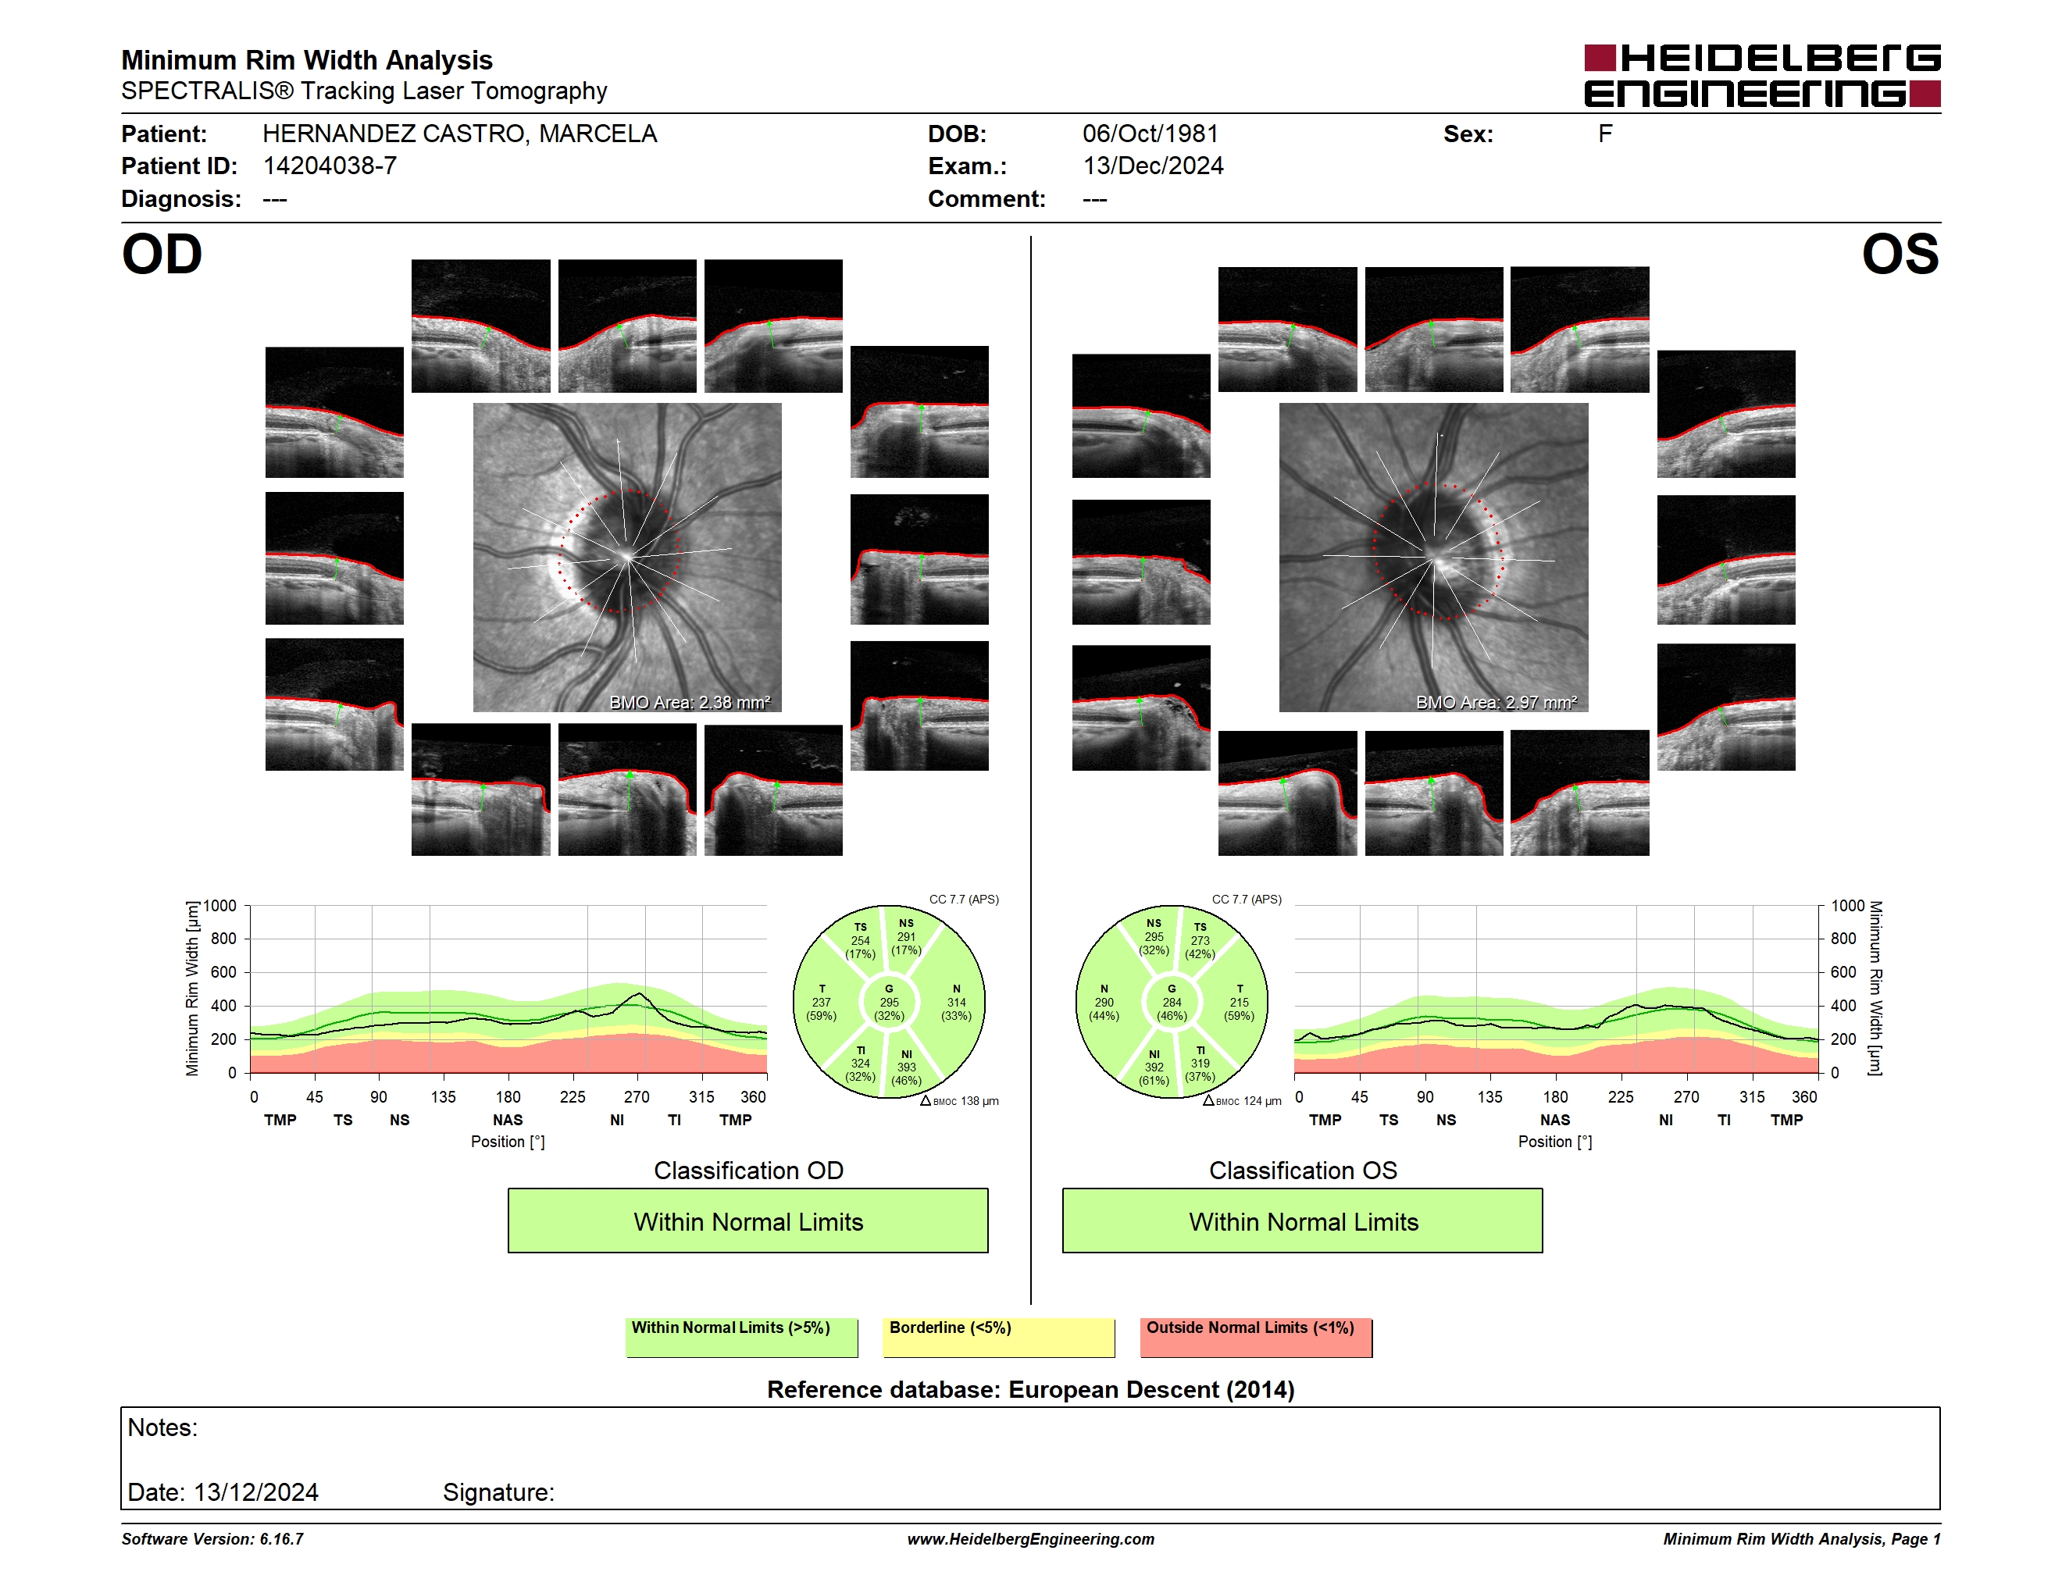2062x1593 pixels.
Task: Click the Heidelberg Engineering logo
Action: (1762, 76)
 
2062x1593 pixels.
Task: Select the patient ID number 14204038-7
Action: (330, 166)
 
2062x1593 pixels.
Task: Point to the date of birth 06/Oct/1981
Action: (1150, 134)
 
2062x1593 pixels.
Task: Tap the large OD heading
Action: (162, 254)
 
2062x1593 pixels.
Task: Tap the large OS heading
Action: (1900, 254)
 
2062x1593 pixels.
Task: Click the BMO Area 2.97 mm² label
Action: (1497, 702)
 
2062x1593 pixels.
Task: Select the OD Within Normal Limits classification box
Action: (747, 1221)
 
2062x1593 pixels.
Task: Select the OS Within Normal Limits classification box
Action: (1303, 1221)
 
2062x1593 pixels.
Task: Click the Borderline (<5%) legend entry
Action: (999, 1337)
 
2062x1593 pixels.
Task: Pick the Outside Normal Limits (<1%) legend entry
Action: (1256, 1337)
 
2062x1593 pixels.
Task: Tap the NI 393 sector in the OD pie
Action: (906, 1067)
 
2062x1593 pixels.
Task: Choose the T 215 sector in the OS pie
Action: (1239, 1002)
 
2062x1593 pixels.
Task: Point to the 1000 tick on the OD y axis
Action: (220, 906)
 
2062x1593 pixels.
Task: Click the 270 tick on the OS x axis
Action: (1686, 1096)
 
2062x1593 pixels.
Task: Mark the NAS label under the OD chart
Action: (508, 1121)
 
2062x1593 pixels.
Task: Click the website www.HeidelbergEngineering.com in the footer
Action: (1031, 1539)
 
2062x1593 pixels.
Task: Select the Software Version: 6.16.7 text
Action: (212, 1539)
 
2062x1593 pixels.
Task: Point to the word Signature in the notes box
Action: (498, 1492)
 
